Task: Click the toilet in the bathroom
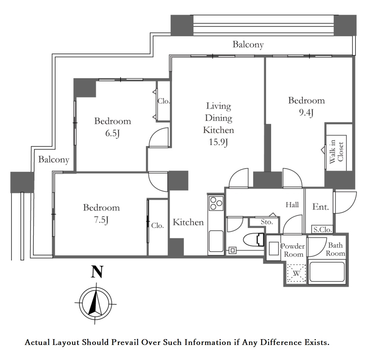(x=254, y=239)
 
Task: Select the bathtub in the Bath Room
(x=327, y=272)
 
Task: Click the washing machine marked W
(x=296, y=273)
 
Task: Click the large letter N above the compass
(x=97, y=272)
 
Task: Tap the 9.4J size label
(x=306, y=113)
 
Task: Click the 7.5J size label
(x=101, y=220)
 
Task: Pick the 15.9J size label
(x=218, y=142)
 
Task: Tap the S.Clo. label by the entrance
(x=323, y=230)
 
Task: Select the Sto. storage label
(x=267, y=222)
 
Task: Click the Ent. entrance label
(x=321, y=207)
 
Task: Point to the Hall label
(x=292, y=204)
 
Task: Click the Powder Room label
(x=293, y=250)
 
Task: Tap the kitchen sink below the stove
(x=216, y=241)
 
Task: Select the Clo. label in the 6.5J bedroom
(x=164, y=101)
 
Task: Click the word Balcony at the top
(x=248, y=44)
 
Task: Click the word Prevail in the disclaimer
(x=125, y=342)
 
